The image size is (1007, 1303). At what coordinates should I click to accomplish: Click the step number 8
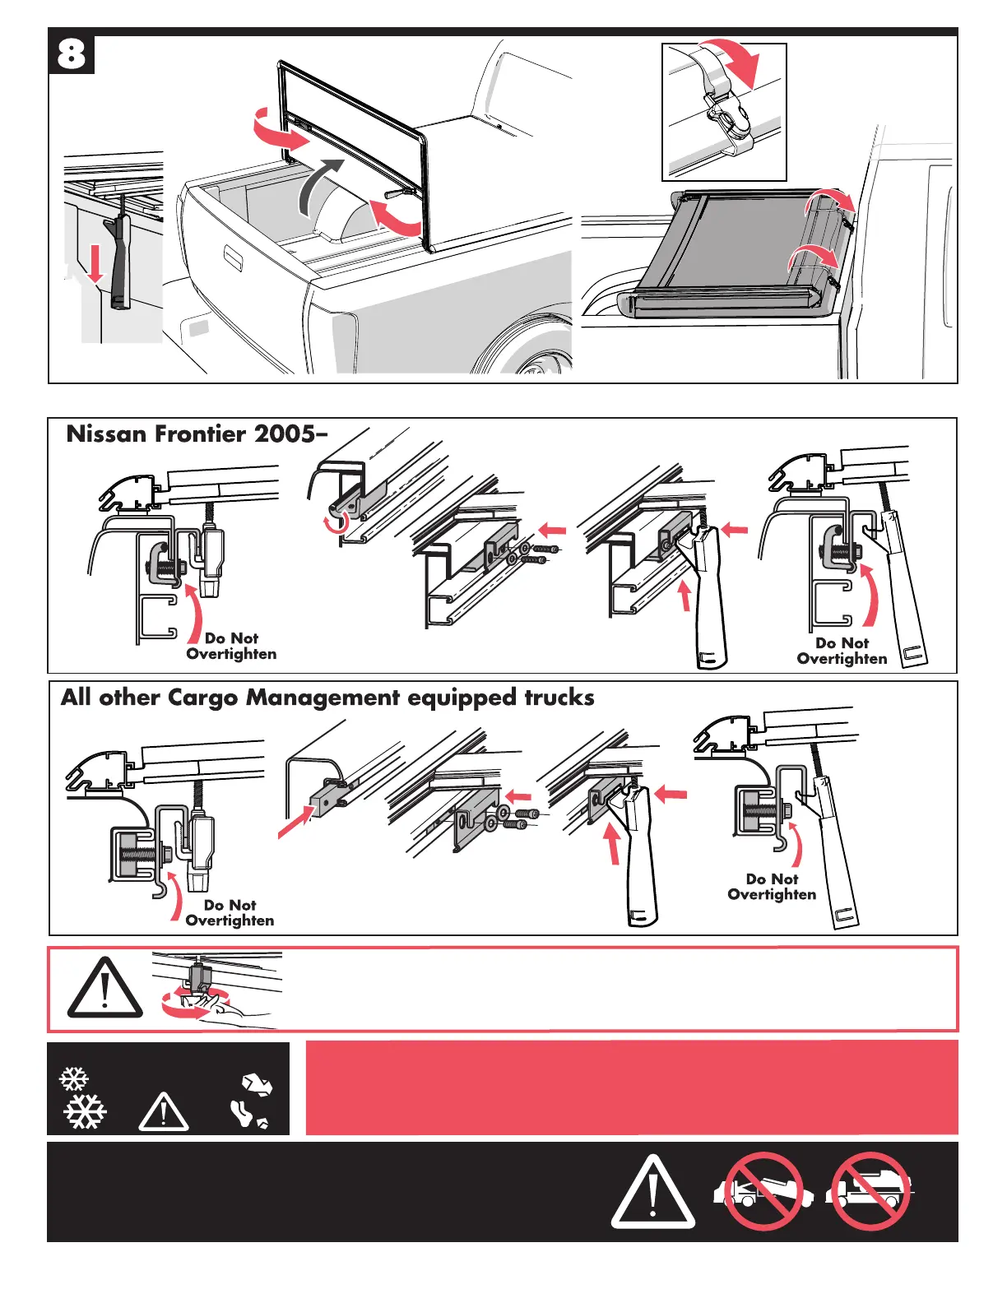pyautogui.click(x=72, y=54)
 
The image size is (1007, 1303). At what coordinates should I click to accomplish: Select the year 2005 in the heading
pyautogui.click(x=284, y=434)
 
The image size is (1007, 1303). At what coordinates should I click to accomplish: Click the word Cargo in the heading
pyautogui.click(x=204, y=698)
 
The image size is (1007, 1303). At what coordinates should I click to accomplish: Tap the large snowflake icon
pyautogui.click(x=86, y=1112)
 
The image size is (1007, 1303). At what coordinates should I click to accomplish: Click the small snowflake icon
pyautogui.click(x=74, y=1079)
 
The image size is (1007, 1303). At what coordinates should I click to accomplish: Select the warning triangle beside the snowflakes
pyautogui.click(x=164, y=1113)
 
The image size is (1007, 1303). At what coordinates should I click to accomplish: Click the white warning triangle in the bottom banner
pyautogui.click(x=653, y=1192)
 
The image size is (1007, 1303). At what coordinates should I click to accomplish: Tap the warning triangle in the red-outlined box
pyautogui.click(x=104, y=988)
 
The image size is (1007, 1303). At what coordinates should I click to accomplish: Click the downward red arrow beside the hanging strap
pyautogui.click(x=95, y=265)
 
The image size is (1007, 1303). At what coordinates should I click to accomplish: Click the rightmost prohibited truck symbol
pyautogui.click(x=870, y=1190)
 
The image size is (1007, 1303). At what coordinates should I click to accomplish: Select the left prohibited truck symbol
pyautogui.click(x=763, y=1190)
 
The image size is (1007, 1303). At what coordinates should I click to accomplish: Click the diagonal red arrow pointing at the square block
pyautogui.click(x=296, y=821)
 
